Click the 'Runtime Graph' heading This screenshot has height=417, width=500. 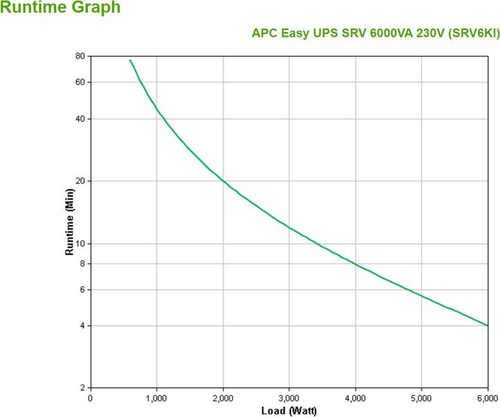tap(60, 8)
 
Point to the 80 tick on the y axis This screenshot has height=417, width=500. tap(80, 56)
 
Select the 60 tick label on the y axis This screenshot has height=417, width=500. tap(80, 83)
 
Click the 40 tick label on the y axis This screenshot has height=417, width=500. tap(80, 119)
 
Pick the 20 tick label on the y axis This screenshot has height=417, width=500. tap(80, 181)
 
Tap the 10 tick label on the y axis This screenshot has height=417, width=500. tap(80, 243)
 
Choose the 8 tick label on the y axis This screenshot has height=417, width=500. tap(82, 263)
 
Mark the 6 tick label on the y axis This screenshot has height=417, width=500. tap(82, 289)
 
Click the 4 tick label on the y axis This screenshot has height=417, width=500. tap(82, 326)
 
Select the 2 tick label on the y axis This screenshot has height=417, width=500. tap(82, 388)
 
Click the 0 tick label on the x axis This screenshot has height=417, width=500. tap(90, 398)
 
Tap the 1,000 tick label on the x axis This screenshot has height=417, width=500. tap(156, 398)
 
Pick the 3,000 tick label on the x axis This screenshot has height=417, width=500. tap(289, 398)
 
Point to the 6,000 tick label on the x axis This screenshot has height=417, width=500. tap(487, 398)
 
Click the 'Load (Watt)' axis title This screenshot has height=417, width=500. tap(289, 411)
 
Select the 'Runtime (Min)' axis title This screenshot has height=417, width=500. tap(69, 222)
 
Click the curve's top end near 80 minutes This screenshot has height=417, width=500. tap(130, 60)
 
